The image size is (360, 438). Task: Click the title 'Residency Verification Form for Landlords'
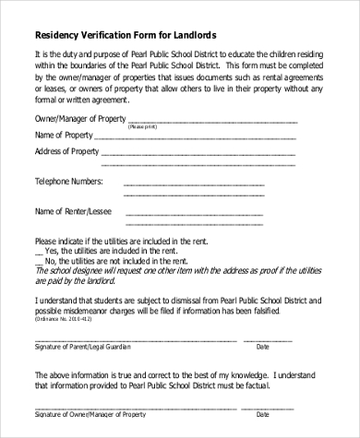(126, 35)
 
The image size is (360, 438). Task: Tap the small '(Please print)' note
(141, 125)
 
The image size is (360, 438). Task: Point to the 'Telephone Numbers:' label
(69, 181)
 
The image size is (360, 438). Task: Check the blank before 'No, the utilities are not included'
(38, 262)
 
